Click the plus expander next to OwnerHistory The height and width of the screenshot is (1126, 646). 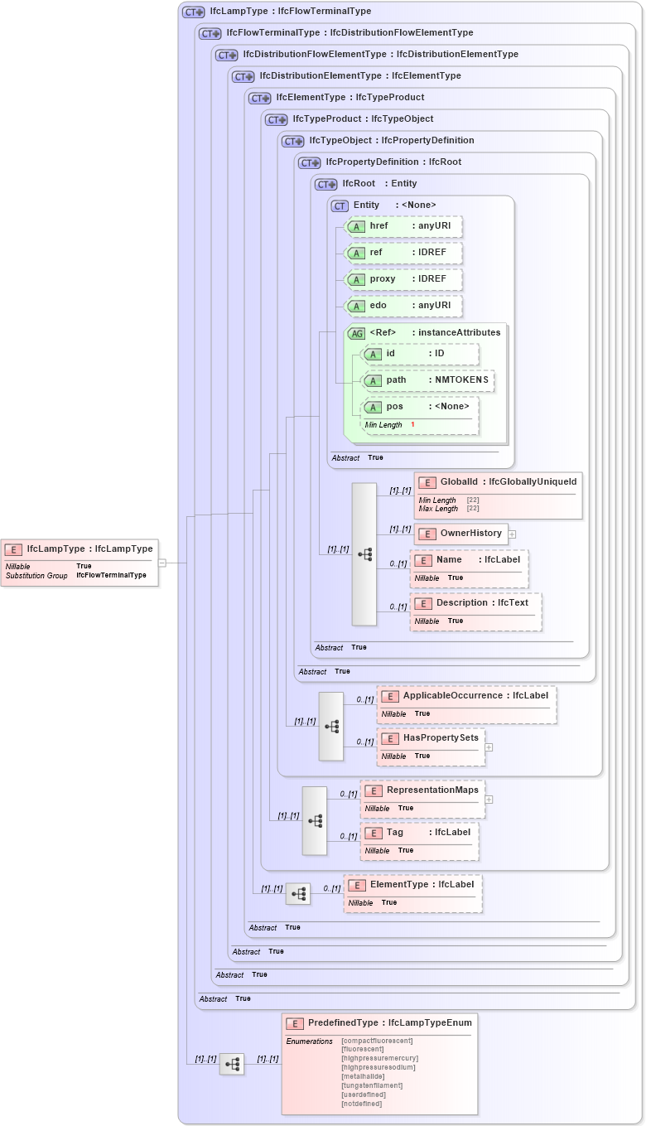pyautogui.click(x=512, y=534)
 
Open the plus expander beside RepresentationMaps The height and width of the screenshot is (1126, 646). pyautogui.click(x=489, y=800)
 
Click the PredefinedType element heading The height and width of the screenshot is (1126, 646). pyautogui.click(x=379, y=1023)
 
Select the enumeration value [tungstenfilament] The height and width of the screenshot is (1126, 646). pyautogui.click(x=372, y=1085)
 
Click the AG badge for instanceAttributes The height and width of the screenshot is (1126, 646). pyautogui.click(x=356, y=333)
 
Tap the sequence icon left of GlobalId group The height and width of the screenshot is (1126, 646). pyautogui.click(x=364, y=554)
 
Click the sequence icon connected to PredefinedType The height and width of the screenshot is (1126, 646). pyautogui.click(x=232, y=1064)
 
